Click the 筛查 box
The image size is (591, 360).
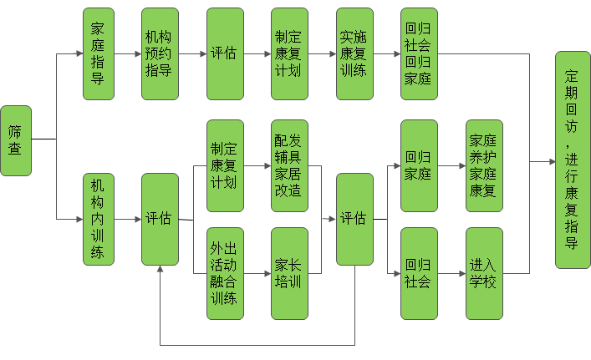[x=16, y=140]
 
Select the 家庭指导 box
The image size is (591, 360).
[x=99, y=53]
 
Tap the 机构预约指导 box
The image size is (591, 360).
[x=160, y=53]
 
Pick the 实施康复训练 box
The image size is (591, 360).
[x=354, y=53]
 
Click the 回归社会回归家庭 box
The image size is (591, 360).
[x=419, y=53]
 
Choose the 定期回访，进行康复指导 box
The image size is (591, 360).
[x=573, y=160]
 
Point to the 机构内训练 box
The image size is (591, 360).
[x=99, y=219]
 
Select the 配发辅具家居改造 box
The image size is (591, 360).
[x=289, y=165]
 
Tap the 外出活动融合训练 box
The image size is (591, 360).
[x=225, y=273]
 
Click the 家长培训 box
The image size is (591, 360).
[x=289, y=273]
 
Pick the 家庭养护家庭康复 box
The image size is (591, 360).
[x=484, y=165]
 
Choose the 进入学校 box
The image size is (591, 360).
[x=484, y=273]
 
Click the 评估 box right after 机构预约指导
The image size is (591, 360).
[x=225, y=53]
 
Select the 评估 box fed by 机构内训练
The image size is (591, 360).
[x=160, y=219]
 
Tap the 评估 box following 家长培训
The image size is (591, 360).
[x=354, y=219]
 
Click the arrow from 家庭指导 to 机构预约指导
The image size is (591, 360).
[x=129, y=53]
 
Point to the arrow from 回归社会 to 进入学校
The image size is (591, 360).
[x=451, y=273]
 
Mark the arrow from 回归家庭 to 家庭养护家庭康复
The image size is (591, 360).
[x=451, y=165]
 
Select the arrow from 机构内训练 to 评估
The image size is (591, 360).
[x=129, y=219]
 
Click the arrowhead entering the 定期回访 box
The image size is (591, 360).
[x=551, y=160]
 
